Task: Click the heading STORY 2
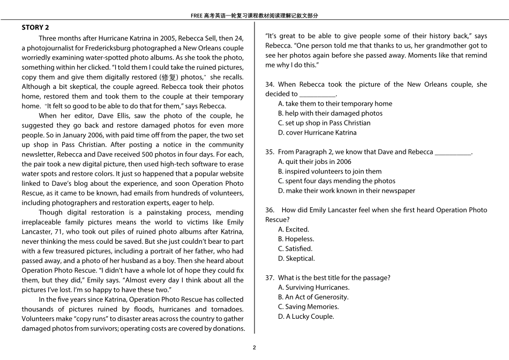pos(35,27)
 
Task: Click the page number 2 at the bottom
pos(254,347)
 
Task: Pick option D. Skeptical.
pos(296,258)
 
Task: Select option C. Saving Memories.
pos(308,306)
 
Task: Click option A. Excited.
pos(294,229)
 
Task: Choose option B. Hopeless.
pos(296,239)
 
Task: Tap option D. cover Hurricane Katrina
pos(317,132)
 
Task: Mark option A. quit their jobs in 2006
pos(315,161)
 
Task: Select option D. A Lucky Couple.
pos(306,316)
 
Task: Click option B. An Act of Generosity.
pos(313,297)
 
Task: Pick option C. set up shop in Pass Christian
pos(324,123)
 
